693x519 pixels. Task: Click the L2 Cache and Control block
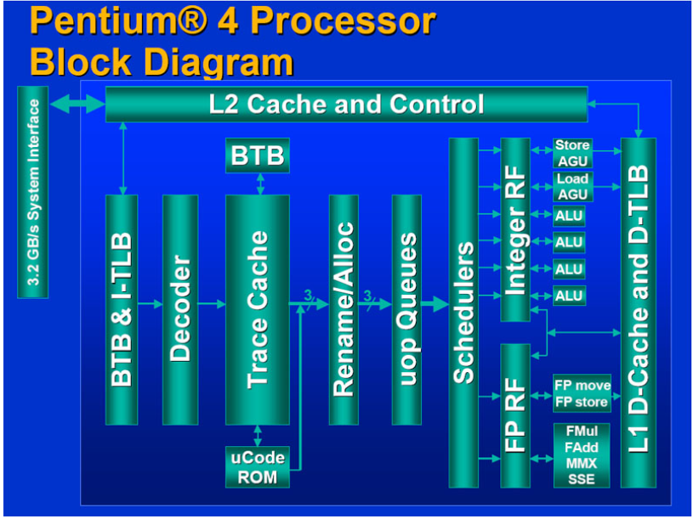pos(346,104)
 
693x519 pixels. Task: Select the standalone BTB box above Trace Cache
pos(257,156)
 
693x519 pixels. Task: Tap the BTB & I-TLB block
pos(121,309)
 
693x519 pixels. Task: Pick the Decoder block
pos(179,309)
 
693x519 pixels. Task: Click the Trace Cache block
pos(257,309)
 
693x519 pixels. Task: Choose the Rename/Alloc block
pos(344,309)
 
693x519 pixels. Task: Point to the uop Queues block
pos(406,309)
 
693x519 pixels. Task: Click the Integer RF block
pos(515,229)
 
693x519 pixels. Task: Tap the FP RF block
pos(515,415)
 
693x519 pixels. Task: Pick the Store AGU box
pos(572,153)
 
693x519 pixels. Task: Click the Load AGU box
pos(572,186)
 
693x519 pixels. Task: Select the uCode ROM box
pos(257,467)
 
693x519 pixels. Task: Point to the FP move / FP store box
pos(582,393)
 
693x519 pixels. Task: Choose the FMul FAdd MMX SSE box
pos(582,455)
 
